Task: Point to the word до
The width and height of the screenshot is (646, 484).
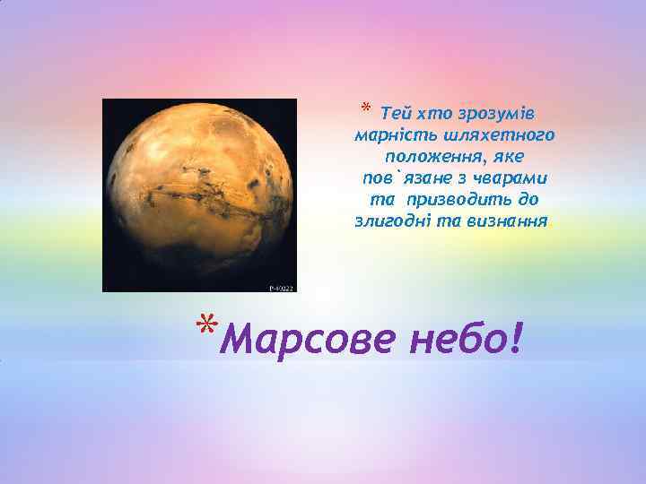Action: click(528, 199)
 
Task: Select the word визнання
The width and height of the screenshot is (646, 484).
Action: click(506, 220)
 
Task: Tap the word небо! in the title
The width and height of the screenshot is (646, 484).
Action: click(467, 339)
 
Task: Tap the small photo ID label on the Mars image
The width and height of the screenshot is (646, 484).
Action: click(281, 289)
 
